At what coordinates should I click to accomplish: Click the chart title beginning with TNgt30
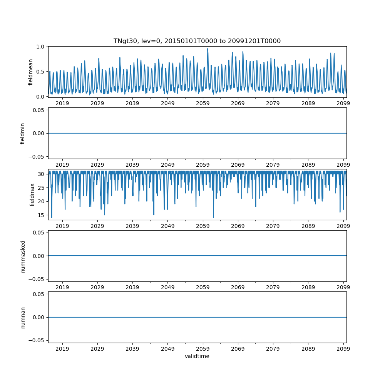point(197,41)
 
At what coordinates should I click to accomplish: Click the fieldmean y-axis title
point(30,72)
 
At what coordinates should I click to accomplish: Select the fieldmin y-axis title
point(23,133)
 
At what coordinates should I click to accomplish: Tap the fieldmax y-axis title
point(32,194)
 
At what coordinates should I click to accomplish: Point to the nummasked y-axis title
point(23,256)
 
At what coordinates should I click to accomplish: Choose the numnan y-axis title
point(23,317)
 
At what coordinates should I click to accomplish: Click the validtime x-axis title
point(197,356)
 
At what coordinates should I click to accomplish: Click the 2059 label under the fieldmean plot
point(203,103)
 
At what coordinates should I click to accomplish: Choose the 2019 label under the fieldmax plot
point(62,226)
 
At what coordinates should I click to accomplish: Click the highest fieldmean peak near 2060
point(208,49)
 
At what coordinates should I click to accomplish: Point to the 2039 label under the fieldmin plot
point(132,164)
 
